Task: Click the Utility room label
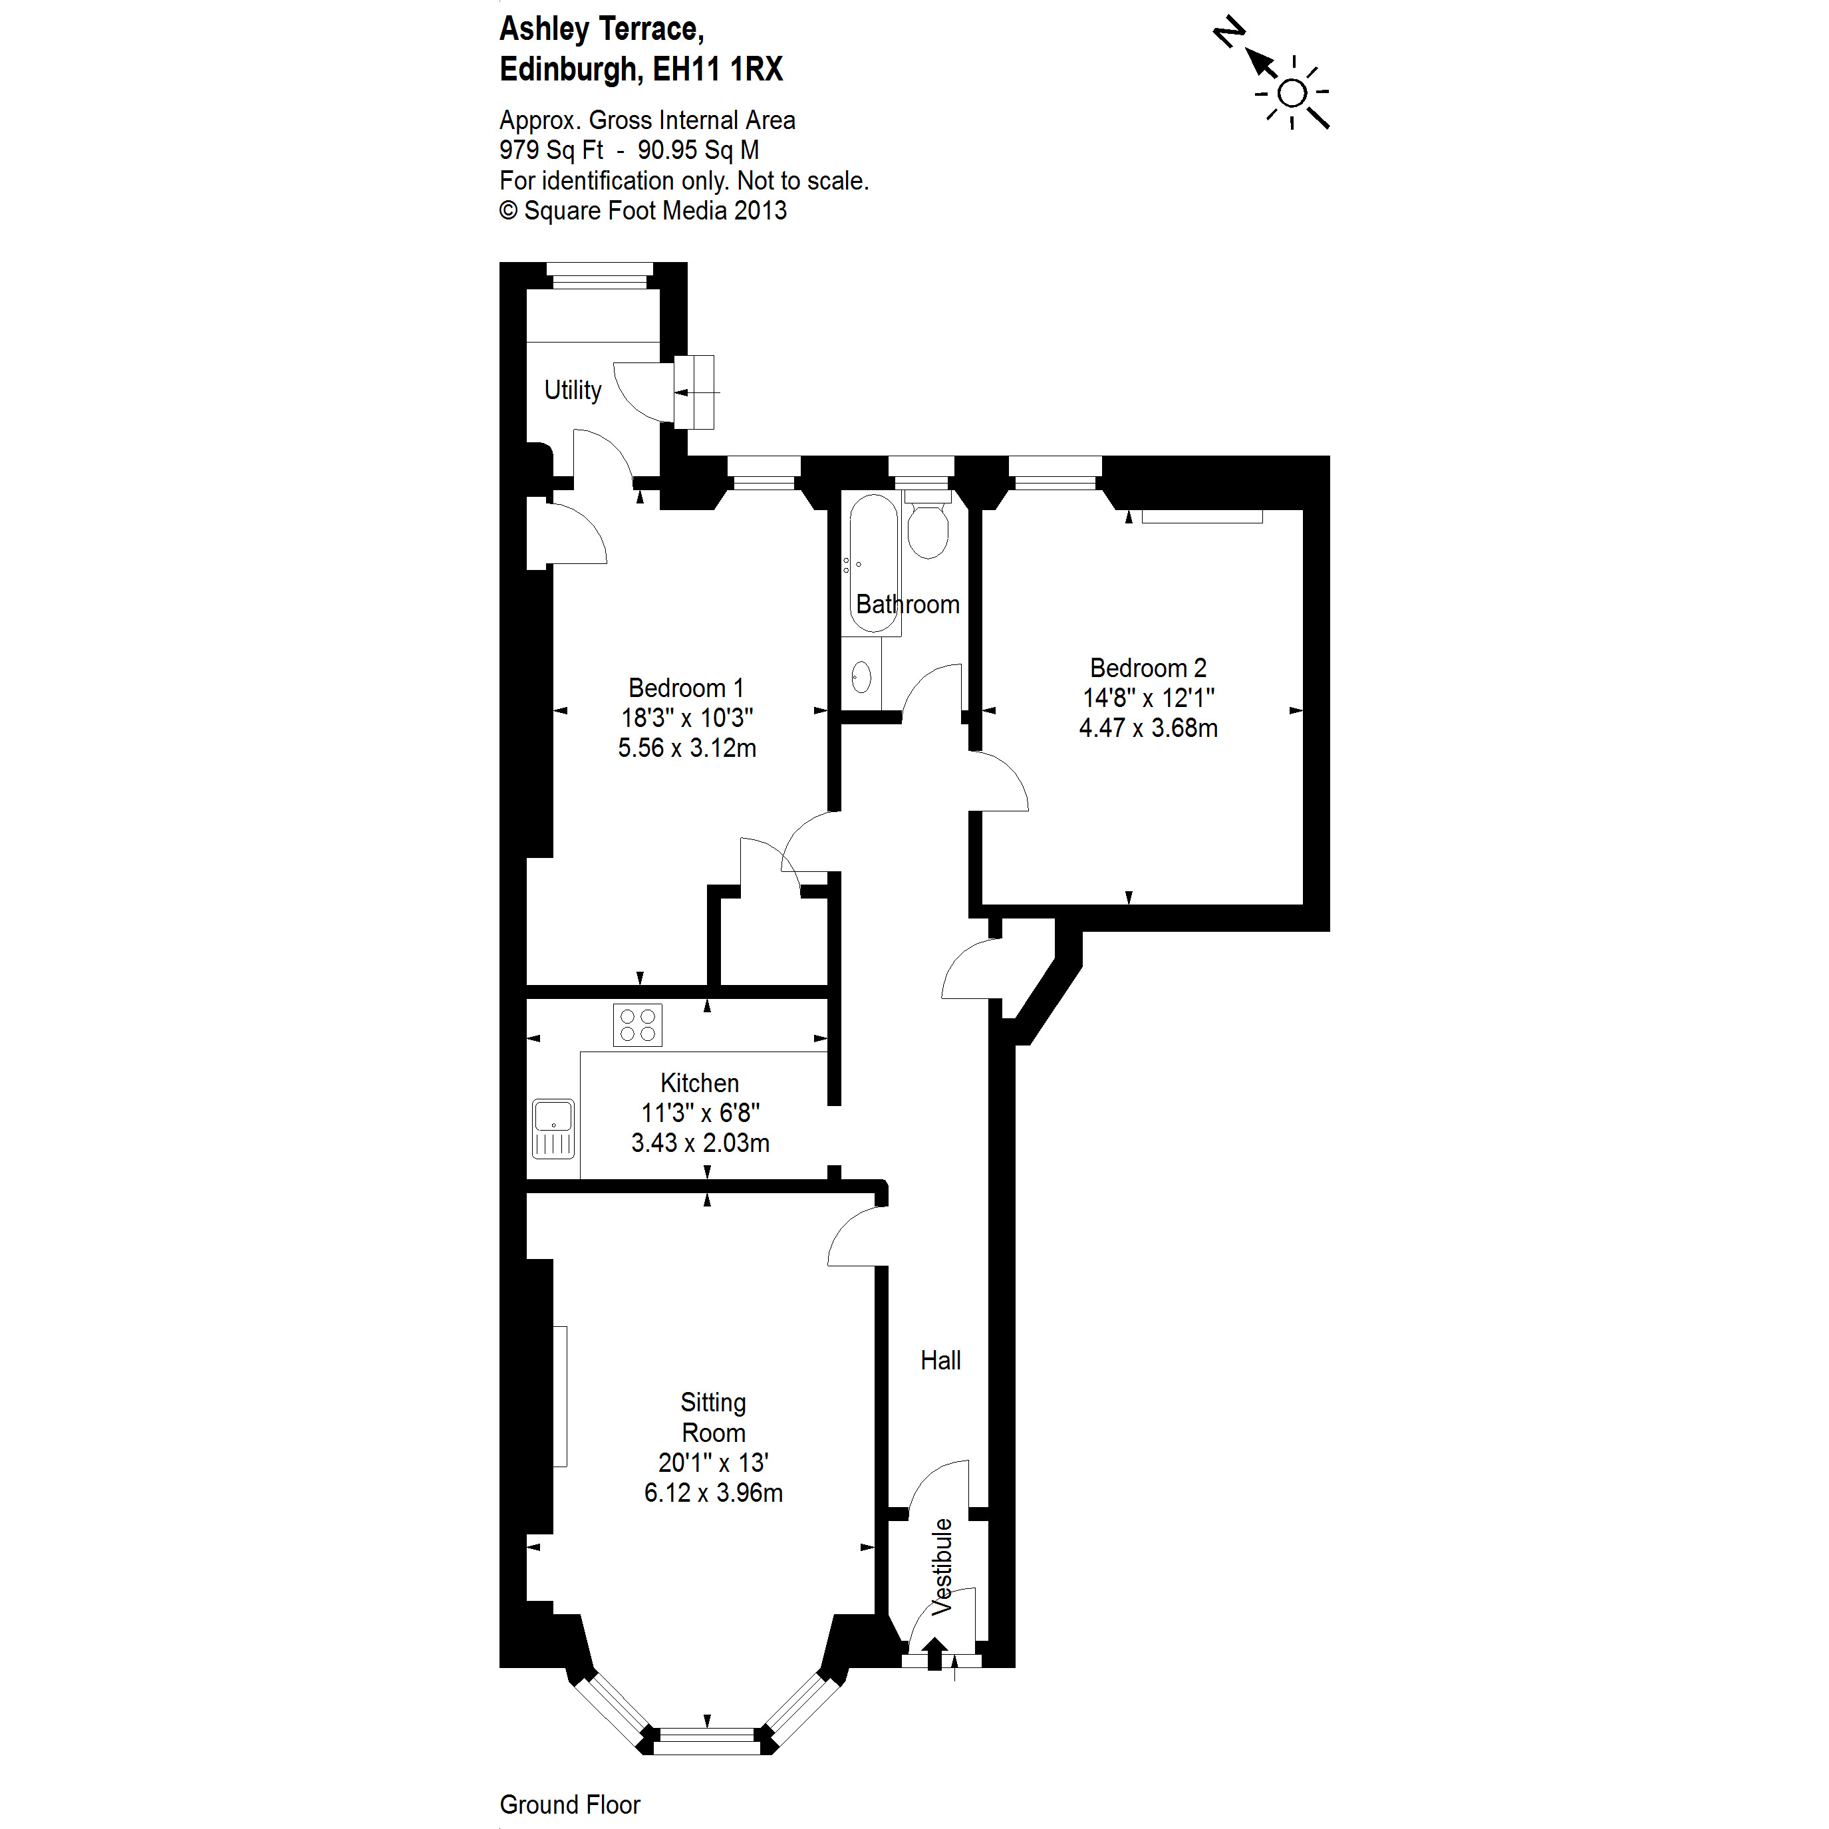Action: coord(572,390)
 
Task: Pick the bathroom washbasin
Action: coord(861,677)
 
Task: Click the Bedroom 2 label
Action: coord(1147,668)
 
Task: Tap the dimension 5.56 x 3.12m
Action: coord(686,748)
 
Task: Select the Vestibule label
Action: coord(941,1568)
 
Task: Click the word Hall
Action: coord(940,1360)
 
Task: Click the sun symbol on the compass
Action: coord(1292,94)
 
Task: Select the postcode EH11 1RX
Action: coord(718,69)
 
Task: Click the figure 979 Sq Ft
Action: coord(551,150)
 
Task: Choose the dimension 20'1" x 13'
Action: coord(713,1463)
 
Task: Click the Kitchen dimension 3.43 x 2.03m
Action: coord(700,1143)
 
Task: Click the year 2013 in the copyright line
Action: coord(760,210)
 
